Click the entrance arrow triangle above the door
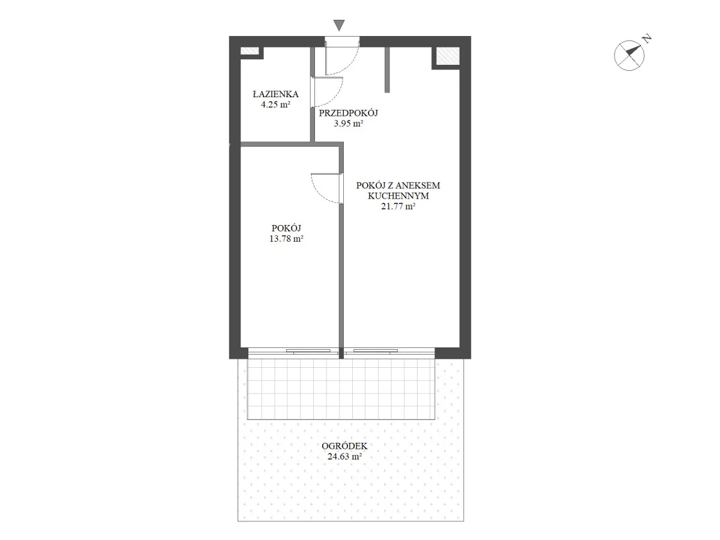pyautogui.click(x=339, y=25)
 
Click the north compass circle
pyautogui.click(x=629, y=55)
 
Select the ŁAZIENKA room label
pyautogui.click(x=275, y=94)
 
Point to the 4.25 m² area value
pyautogui.click(x=275, y=104)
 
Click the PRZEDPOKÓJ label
pyautogui.click(x=349, y=113)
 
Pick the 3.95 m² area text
pyautogui.click(x=349, y=124)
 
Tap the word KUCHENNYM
pyautogui.click(x=398, y=196)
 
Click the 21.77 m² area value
pyautogui.click(x=398, y=206)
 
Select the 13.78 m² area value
pyautogui.click(x=286, y=239)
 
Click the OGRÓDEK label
pyautogui.click(x=344, y=446)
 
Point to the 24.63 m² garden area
pyautogui.click(x=344, y=457)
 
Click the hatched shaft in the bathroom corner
pyautogui.click(x=250, y=51)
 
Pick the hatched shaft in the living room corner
pyautogui.click(x=448, y=56)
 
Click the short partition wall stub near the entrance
pyautogui.click(x=387, y=70)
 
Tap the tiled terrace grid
pyautogui.click(x=341, y=389)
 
